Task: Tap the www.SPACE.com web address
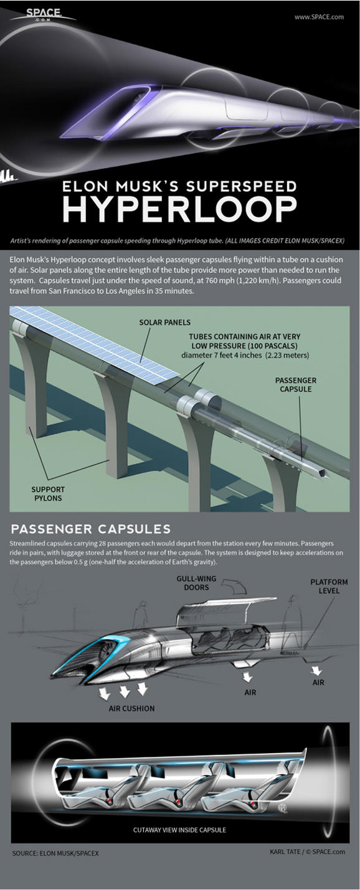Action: coord(319,17)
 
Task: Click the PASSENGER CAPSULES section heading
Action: coord(91,529)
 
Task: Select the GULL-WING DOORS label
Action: coord(197,583)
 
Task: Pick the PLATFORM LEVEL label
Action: coord(329,587)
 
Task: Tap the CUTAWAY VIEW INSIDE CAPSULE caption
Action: coord(179,830)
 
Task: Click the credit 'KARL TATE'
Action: coord(280,851)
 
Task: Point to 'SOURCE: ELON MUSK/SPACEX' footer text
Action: coord(55,852)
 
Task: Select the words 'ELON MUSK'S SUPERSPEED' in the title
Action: coord(179,186)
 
